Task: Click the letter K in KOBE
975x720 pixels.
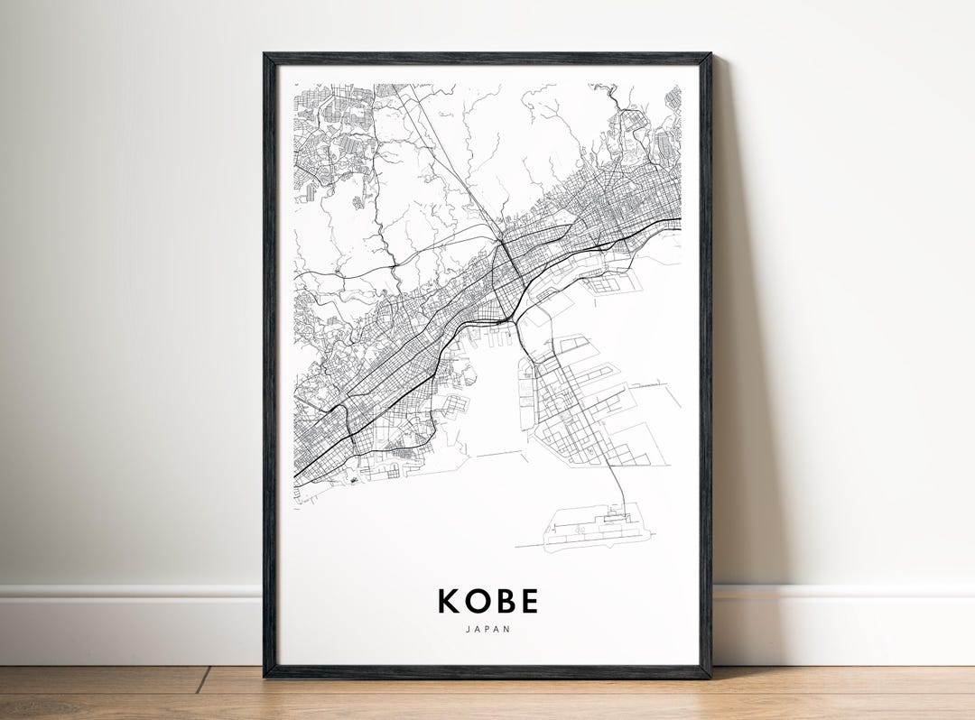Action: point(449,601)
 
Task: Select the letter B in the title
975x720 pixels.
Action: point(504,601)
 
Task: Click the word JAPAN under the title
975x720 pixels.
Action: point(488,629)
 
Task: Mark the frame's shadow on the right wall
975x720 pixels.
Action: point(736,361)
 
